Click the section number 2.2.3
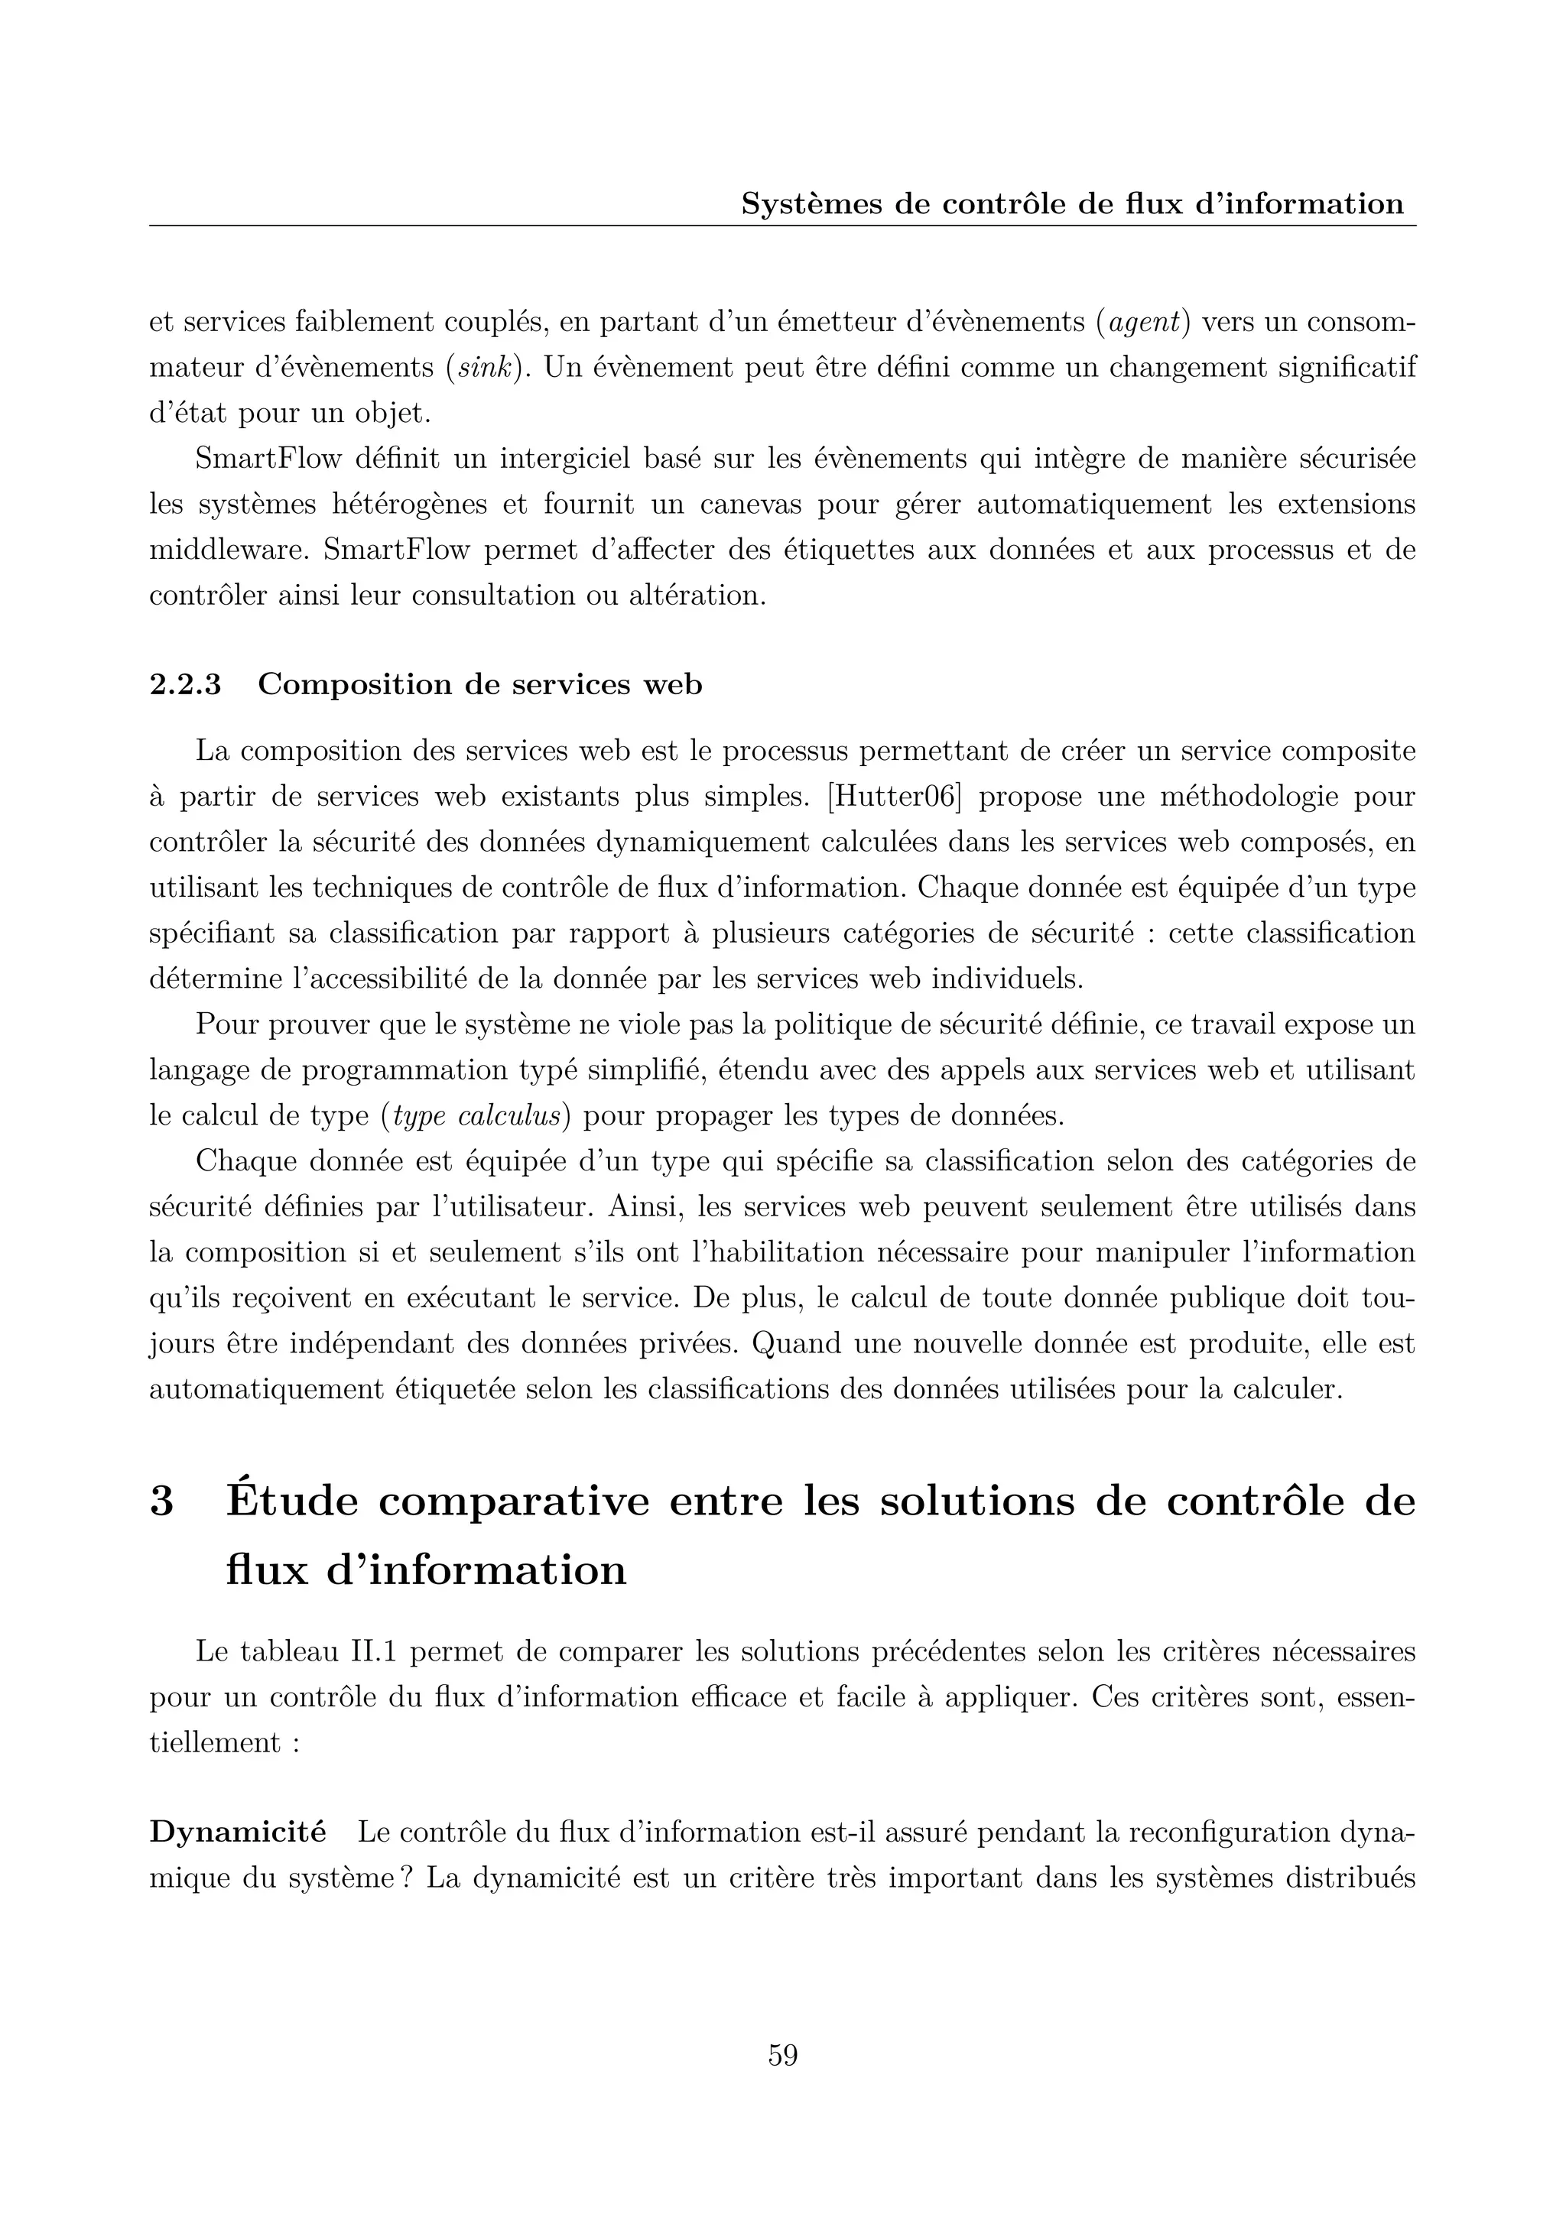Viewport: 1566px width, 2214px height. click(x=185, y=685)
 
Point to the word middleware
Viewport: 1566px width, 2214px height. click(x=229, y=550)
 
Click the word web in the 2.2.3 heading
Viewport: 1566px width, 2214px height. click(x=671, y=686)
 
